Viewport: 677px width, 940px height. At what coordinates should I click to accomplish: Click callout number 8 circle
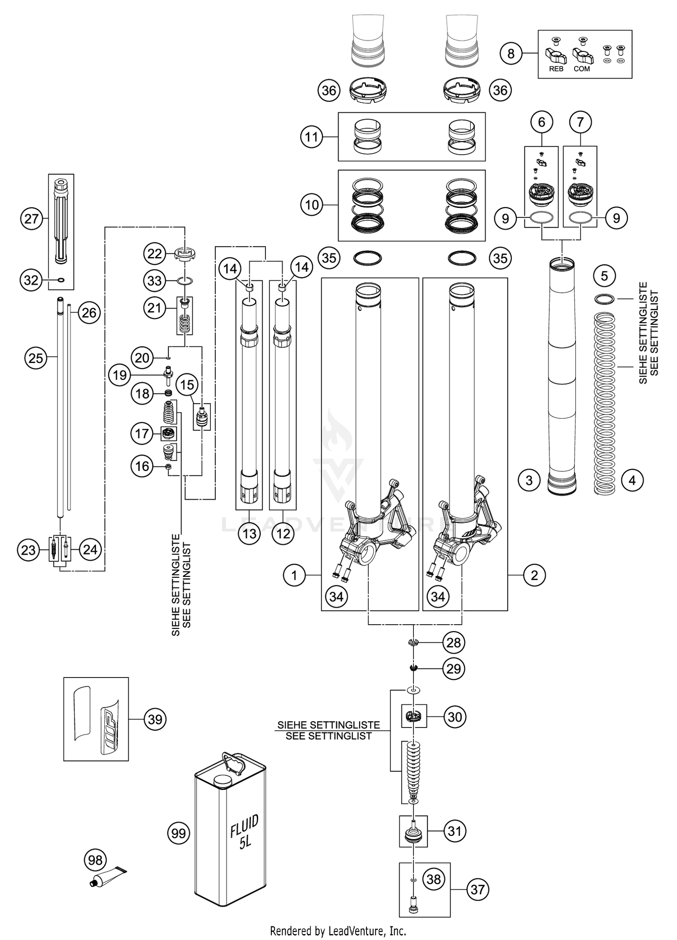510,54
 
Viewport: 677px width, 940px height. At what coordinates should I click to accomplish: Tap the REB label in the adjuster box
556,69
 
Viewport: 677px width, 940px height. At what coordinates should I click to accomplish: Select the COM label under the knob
582,69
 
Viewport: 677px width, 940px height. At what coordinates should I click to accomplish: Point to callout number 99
179,833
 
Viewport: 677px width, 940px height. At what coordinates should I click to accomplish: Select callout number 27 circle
31,219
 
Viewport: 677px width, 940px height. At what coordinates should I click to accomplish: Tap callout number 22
155,253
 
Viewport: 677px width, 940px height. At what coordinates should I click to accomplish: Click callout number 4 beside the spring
632,480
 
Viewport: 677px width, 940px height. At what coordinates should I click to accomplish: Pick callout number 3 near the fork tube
529,480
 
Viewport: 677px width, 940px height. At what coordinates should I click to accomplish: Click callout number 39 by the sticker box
155,719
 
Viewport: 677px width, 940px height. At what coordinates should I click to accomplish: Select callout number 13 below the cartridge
250,534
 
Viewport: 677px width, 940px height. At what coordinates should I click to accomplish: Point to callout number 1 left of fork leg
294,575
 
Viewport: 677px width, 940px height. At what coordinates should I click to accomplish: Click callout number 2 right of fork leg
534,575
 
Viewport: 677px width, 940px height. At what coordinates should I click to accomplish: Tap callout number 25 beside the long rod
36,358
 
